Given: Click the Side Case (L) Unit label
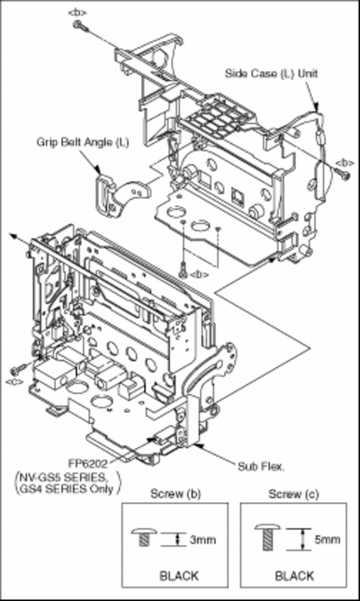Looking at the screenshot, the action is click(271, 74).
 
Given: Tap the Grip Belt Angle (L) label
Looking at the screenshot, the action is click(83, 142).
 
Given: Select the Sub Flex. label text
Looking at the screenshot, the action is click(261, 466).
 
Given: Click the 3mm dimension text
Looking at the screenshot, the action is click(202, 540).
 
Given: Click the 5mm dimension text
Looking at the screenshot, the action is click(327, 540).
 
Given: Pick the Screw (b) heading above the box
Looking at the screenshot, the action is click(175, 494).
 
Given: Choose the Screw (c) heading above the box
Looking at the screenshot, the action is click(293, 495).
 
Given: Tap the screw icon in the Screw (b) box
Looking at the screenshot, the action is click(144, 536).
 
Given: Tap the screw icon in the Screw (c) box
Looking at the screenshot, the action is click(267, 537).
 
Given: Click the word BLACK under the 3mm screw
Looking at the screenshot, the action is click(179, 576).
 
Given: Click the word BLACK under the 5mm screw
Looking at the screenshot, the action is click(294, 576).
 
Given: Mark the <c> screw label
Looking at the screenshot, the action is click(14, 381).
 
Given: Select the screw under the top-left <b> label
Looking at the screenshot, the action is click(80, 26).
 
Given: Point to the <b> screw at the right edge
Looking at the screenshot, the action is click(343, 175).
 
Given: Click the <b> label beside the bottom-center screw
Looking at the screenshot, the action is click(199, 274).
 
